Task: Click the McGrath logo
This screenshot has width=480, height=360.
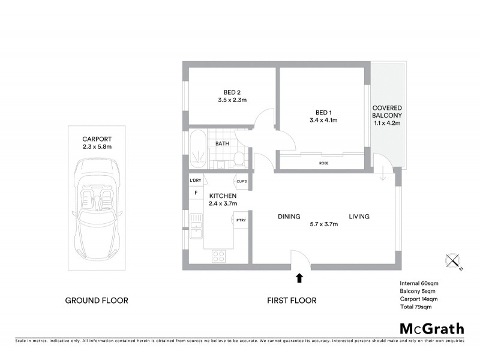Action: (x=432, y=328)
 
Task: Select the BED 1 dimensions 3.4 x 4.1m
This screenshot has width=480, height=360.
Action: (x=323, y=120)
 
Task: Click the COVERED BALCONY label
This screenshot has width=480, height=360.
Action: (x=387, y=112)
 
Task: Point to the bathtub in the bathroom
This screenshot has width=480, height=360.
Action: (x=196, y=149)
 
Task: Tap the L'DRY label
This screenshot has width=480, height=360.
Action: (x=195, y=181)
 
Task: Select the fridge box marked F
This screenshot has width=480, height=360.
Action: (x=196, y=193)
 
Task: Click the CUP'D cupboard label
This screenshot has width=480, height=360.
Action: (x=242, y=181)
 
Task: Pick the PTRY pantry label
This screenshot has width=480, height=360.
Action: (x=241, y=220)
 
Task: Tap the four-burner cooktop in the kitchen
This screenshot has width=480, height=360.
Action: (x=218, y=256)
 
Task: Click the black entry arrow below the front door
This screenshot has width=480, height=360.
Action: (x=299, y=277)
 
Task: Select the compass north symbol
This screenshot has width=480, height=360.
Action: (x=453, y=262)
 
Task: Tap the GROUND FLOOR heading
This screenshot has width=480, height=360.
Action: (x=97, y=301)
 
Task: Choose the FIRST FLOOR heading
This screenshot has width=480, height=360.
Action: (x=292, y=301)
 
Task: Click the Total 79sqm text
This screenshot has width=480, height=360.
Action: (x=415, y=307)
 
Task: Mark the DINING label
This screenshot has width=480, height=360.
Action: (x=289, y=217)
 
